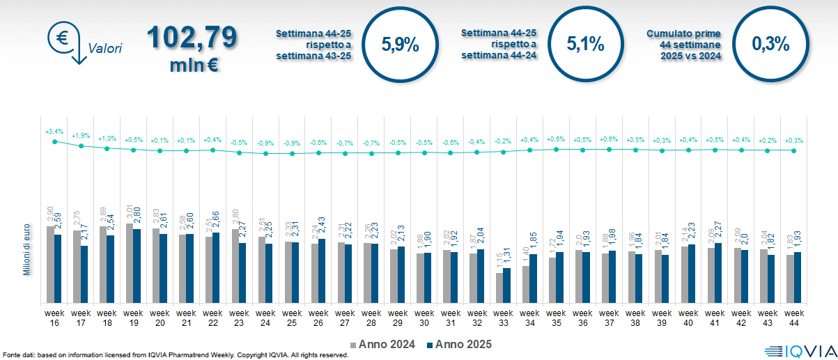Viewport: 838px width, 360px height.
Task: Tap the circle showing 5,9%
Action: pos(400,45)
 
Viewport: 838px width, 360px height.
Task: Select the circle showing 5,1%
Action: pos(585,44)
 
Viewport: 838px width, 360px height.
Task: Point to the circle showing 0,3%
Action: pos(770,44)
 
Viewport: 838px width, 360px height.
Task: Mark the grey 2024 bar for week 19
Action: pos(130,263)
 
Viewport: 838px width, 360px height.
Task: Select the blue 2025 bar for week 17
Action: pos(84,274)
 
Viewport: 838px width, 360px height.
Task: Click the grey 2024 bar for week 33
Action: pos(499,288)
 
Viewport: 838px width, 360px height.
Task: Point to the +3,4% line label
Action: pos(54,131)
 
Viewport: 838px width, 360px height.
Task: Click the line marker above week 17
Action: pos(81,146)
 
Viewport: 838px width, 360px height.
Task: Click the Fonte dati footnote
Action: pos(174,355)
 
